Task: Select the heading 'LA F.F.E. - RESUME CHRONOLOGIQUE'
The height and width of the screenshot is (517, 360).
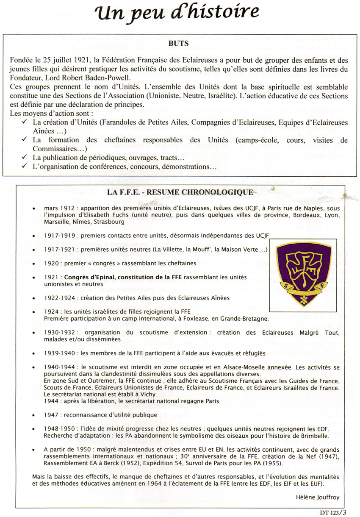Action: (x=180, y=192)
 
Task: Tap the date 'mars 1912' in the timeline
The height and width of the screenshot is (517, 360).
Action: (x=58, y=208)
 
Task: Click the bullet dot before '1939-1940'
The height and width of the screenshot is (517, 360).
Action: (x=33, y=353)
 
